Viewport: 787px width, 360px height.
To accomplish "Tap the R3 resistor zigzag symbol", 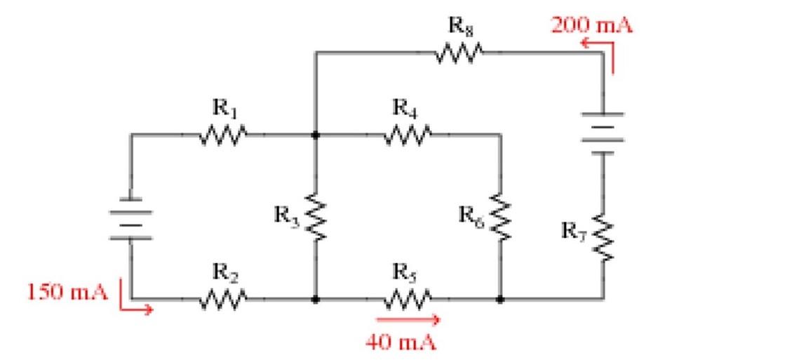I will (315, 215).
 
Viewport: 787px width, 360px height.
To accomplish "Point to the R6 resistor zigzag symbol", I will (499, 215).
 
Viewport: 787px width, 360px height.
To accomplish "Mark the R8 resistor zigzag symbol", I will (459, 52).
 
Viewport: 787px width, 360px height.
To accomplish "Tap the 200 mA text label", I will (591, 26).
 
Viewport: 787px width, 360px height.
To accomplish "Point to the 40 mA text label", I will (401, 342).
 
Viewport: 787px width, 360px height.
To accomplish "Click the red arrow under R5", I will (402, 319).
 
